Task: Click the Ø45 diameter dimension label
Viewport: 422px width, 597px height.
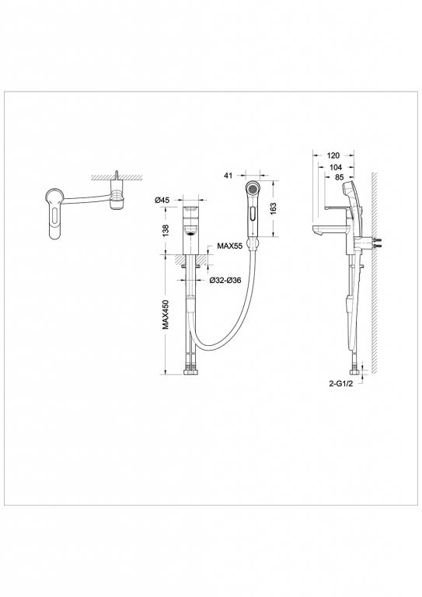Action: [x=162, y=201]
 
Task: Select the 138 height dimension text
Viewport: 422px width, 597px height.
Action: [x=165, y=230]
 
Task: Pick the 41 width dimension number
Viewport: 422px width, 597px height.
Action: [x=228, y=176]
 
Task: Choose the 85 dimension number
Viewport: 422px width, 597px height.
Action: [x=340, y=178]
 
